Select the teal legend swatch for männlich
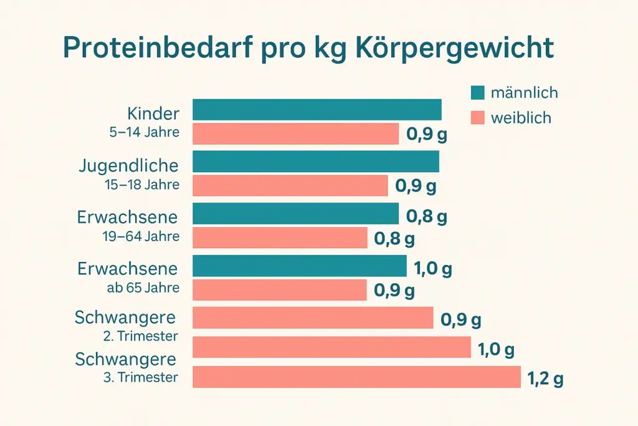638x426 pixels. (478, 93)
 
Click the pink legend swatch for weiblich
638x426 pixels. (478, 117)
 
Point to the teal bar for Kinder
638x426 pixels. (317, 109)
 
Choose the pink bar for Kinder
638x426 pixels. (295, 133)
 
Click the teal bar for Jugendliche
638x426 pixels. (315, 162)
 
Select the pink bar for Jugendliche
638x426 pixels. (290, 185)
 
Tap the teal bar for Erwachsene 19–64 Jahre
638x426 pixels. (295, 213)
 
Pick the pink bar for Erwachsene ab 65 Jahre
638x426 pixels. (279, 289)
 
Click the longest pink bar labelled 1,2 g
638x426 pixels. (356, 377)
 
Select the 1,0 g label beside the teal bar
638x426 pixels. (433, 269)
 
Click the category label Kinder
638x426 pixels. (153, 114)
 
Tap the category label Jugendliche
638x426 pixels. (129, 166)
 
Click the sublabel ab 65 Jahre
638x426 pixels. (143, 288)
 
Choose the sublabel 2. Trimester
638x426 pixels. (140, 336)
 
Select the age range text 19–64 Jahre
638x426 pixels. (141, 236)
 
